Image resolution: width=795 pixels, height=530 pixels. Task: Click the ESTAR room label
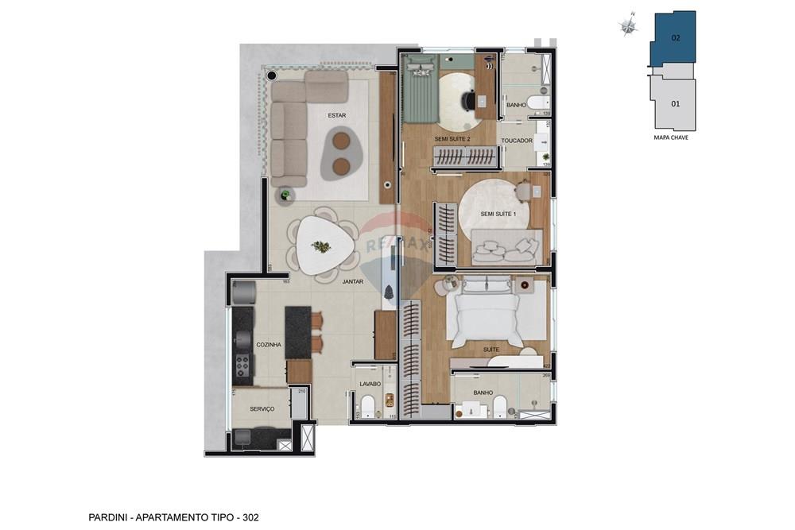coord(337,116)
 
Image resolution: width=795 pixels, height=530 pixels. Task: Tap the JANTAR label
coord(353,281)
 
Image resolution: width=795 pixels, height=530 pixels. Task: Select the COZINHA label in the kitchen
coord(269,345)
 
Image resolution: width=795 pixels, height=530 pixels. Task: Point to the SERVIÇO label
coord(262,409)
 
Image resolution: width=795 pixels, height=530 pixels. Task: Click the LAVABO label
coord(370,384)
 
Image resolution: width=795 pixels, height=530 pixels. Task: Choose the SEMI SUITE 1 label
coord(498,214)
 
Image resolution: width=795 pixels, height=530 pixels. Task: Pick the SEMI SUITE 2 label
coord(452,139)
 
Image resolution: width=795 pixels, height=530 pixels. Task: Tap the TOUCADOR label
coord(516,141)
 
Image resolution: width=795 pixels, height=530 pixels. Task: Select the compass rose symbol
coord(629,26)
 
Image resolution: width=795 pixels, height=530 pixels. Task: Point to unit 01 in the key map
coord(675,103)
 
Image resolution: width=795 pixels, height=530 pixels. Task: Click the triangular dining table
coord(322,246)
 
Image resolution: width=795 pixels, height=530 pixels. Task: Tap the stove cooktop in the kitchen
coord(242,365)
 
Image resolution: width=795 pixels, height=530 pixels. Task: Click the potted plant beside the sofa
coord(284,195)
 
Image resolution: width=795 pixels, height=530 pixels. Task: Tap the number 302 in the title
coord(249,517)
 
